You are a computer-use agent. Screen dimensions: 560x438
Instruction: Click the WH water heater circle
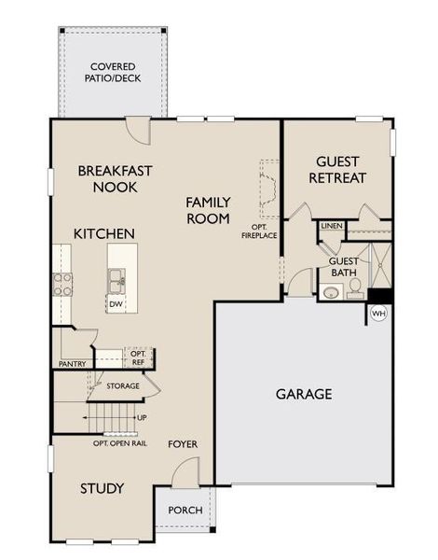(379, 312)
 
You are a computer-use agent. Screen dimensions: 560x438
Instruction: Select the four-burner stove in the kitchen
(62, 284)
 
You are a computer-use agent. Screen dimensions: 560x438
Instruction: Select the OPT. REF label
(137, 357)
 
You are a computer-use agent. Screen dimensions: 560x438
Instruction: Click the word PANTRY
(73, 364)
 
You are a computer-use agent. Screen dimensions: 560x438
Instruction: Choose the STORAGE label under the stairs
(122, 385)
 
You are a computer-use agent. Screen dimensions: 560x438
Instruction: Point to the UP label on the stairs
(141, 416)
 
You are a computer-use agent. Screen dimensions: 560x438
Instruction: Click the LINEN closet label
(332, 226)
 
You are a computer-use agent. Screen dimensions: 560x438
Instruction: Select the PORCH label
(185, 511)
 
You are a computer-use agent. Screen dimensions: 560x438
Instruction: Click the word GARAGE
(303, 394)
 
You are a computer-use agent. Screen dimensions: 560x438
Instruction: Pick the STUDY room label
(102, 488)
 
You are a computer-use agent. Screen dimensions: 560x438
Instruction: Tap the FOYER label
(183, 444)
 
